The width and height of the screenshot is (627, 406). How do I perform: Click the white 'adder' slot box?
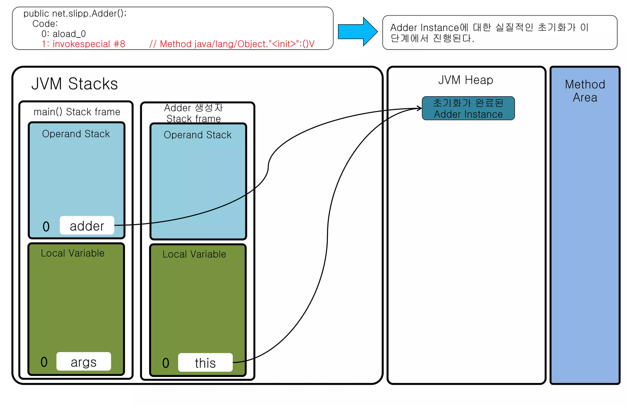click(x=87, y=226)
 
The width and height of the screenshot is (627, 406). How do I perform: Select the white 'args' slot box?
click(x=84, y=362)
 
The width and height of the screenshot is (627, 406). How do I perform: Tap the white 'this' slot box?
click(x=205, y=363)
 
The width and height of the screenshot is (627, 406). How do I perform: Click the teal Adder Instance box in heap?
click(x=468, y=108)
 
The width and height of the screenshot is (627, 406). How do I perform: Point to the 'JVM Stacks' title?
click(x=74, y=84)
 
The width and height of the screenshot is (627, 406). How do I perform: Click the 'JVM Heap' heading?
click(x=465, y=80)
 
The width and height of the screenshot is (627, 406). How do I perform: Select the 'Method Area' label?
click(x=585, y=91)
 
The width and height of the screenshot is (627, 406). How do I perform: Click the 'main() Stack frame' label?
click(x=77, y=112)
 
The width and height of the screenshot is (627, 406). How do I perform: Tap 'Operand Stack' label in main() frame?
click(x=76, y=134)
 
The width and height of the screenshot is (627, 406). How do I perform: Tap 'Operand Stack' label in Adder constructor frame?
click(x=197, y=135)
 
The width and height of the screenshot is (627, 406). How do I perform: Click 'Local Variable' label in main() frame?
click(x=73, y=253)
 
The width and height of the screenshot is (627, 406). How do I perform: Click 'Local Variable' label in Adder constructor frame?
click(x=194, y=254)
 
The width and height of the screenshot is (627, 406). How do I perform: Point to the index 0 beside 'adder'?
click(x=46, y=227)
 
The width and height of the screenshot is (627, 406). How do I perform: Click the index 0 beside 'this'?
click(x=166, y=363)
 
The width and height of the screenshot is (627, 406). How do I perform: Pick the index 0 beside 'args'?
click(x=44, y=362)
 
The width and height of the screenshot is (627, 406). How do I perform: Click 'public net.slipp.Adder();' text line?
click(x=75, y=13)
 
